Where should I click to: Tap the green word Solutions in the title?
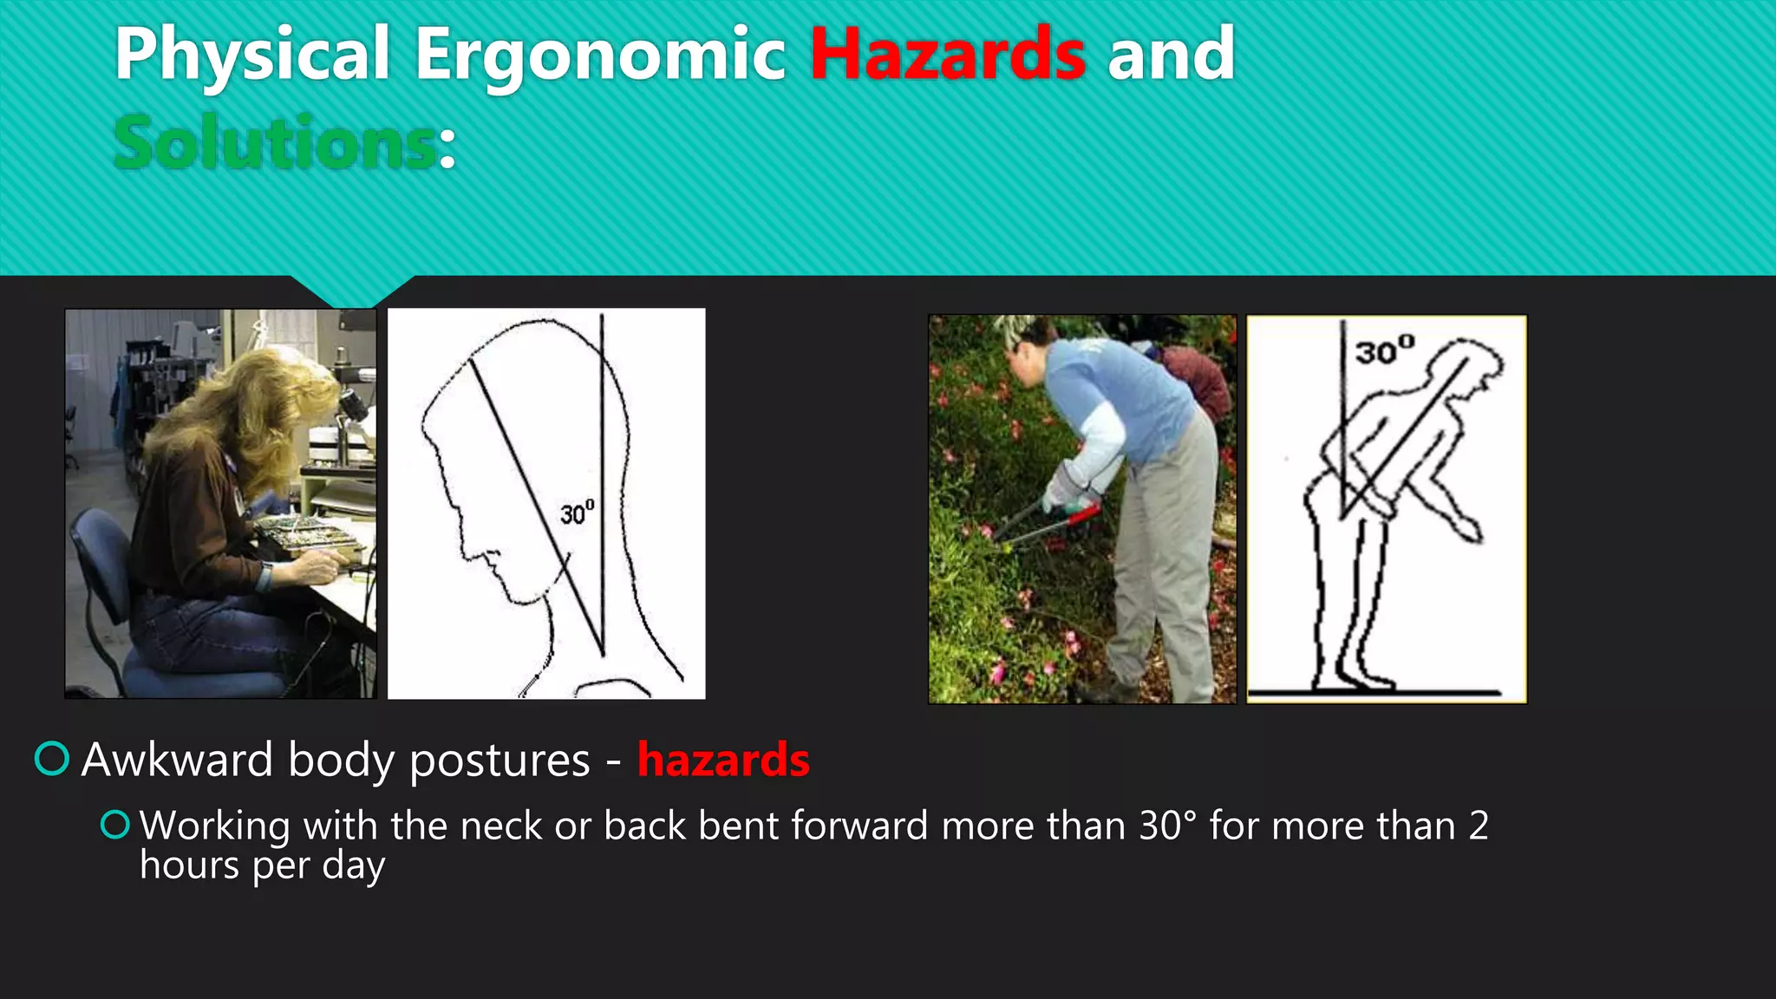point(276,143)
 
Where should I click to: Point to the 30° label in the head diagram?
point(577,513)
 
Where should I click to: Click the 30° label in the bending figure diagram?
point(1385,350)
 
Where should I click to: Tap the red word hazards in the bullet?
point(723,760)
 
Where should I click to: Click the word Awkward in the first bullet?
point(177,760)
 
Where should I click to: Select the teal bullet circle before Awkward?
point(52,759)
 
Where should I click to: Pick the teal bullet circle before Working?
point(115,824)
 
